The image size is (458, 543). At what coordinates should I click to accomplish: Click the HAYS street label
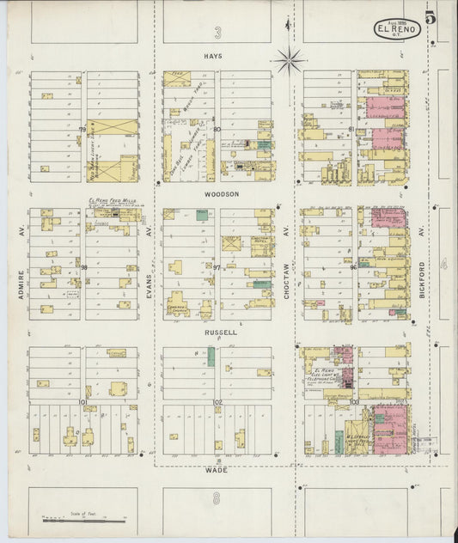[213, 56]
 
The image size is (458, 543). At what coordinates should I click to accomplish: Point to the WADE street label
[216, 471]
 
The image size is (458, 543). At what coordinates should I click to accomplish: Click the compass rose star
[290, 60]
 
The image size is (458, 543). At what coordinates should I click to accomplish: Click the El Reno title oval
[397, 28]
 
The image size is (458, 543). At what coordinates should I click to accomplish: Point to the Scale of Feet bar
[84, 520]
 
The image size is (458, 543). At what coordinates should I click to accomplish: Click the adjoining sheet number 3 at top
[218, 33]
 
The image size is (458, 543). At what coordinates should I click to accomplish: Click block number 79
[83, 130]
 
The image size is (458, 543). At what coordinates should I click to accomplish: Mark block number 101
[83, 401]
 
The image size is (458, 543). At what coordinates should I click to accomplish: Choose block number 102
[218, 401]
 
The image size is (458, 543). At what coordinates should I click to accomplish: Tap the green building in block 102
[211, 357]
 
